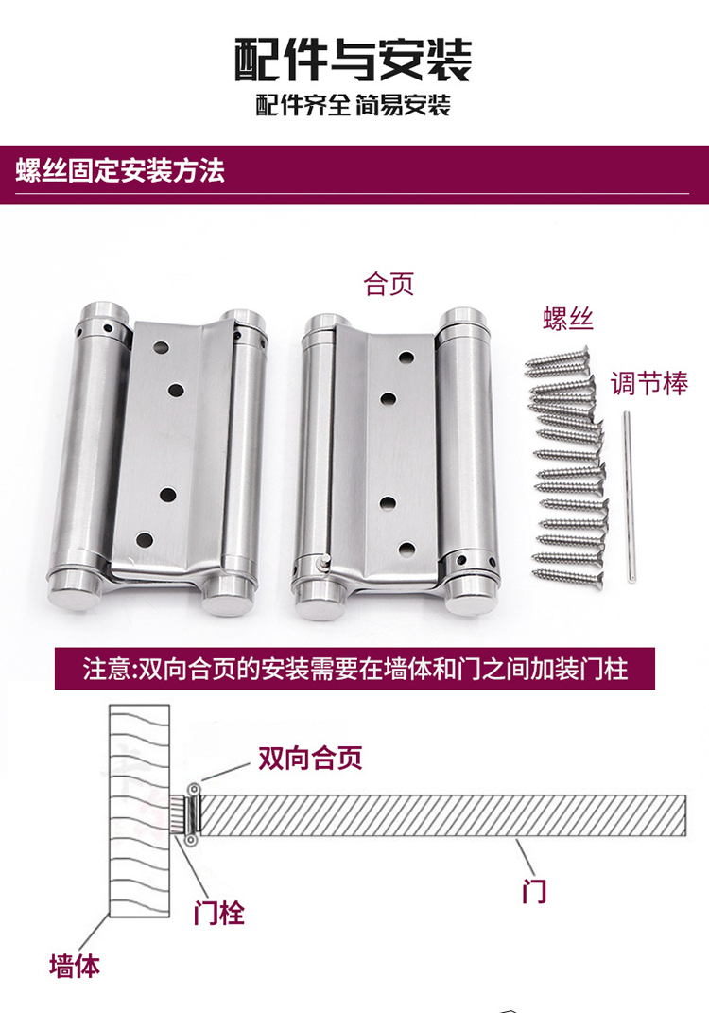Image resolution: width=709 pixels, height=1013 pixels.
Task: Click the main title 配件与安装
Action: [x=353, y=59]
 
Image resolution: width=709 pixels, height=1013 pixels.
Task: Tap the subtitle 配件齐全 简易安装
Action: [x=353, y=105]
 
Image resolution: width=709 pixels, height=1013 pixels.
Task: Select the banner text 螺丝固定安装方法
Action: [x=120, y=172]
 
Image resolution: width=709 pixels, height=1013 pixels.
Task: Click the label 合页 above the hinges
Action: [x=389, y=284]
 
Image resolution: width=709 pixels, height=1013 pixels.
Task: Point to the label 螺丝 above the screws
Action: [x=568, y=318]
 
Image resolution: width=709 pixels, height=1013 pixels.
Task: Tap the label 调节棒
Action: [x=648, y=383]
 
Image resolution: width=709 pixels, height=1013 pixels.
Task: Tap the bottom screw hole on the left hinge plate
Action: [x=145, y=540]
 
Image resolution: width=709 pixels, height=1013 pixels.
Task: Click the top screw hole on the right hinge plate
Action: [x=406, y=358]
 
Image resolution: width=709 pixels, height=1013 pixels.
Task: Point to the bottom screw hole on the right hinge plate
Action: [x=406, y=549]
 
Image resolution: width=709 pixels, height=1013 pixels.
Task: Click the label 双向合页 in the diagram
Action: [x=310, y=758]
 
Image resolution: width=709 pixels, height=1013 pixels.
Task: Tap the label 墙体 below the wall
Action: [x=75, y=966]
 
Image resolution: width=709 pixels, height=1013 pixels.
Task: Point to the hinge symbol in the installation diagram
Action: [x=193, y=813]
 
